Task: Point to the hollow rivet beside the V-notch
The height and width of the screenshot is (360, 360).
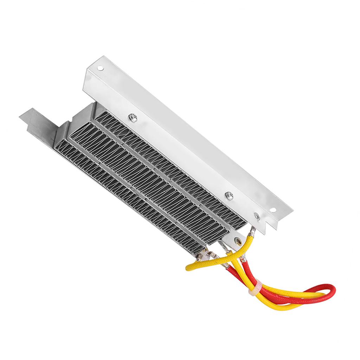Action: [x=257, y=217]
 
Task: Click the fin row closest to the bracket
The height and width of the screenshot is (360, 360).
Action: [x=169, y=162]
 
